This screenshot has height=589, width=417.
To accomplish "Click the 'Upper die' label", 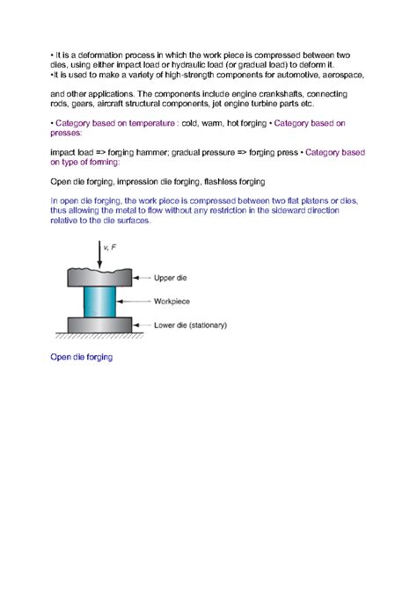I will pyautogui.click(x=171, y=278).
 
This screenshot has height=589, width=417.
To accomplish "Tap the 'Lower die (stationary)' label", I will pyautogui.click(x=190, y=324).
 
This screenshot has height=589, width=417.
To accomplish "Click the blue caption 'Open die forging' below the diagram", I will pyautogui.click(x=82, y=358).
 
